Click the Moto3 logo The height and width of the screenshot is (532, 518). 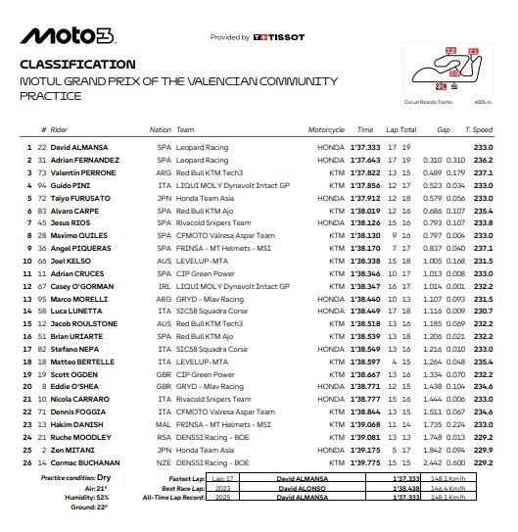click(x=67, y=36)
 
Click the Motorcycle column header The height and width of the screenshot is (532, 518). click(x=326, y=129)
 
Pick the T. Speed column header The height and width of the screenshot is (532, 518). click(x=480, y=129)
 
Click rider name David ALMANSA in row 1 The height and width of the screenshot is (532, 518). click(x=81, y=147)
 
